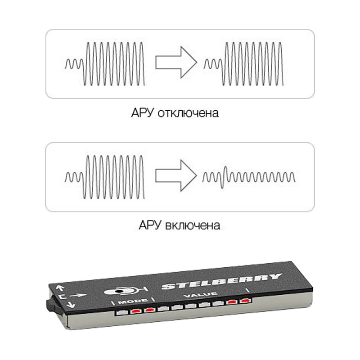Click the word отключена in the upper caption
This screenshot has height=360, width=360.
tap(189, 112)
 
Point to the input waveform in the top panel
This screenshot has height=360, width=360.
tap(106, 63)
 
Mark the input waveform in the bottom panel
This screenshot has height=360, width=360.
tap(106, 177)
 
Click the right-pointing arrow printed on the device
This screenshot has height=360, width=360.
tap(79, 295)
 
